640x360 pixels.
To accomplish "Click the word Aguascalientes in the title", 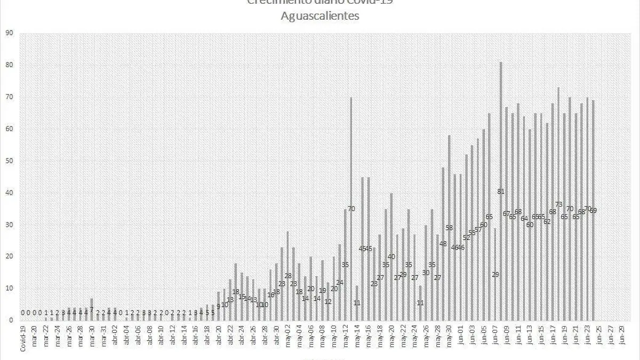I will coord(320,16).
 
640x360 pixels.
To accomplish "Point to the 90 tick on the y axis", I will coord(9,33).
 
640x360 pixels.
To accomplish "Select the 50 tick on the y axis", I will coord(9,161).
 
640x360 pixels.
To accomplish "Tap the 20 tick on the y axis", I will coord(9,257).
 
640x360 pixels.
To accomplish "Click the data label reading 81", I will coord(501,191).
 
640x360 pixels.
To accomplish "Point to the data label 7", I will coord(92,309).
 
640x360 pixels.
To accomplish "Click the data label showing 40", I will coord(391,257).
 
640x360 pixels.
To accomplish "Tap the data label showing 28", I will coord(288,276).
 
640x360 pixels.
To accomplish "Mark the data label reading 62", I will coord(547,221).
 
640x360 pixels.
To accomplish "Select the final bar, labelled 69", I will coord(593,210).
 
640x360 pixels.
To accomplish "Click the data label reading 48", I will coord(443,244).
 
